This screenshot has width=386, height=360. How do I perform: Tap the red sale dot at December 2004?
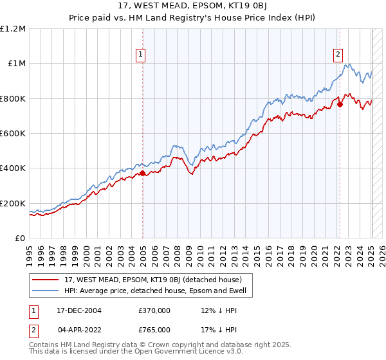pos(143,173)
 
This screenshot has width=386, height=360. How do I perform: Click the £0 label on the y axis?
pos(21,239)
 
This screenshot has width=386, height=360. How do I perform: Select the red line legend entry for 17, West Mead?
pos(152,280)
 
